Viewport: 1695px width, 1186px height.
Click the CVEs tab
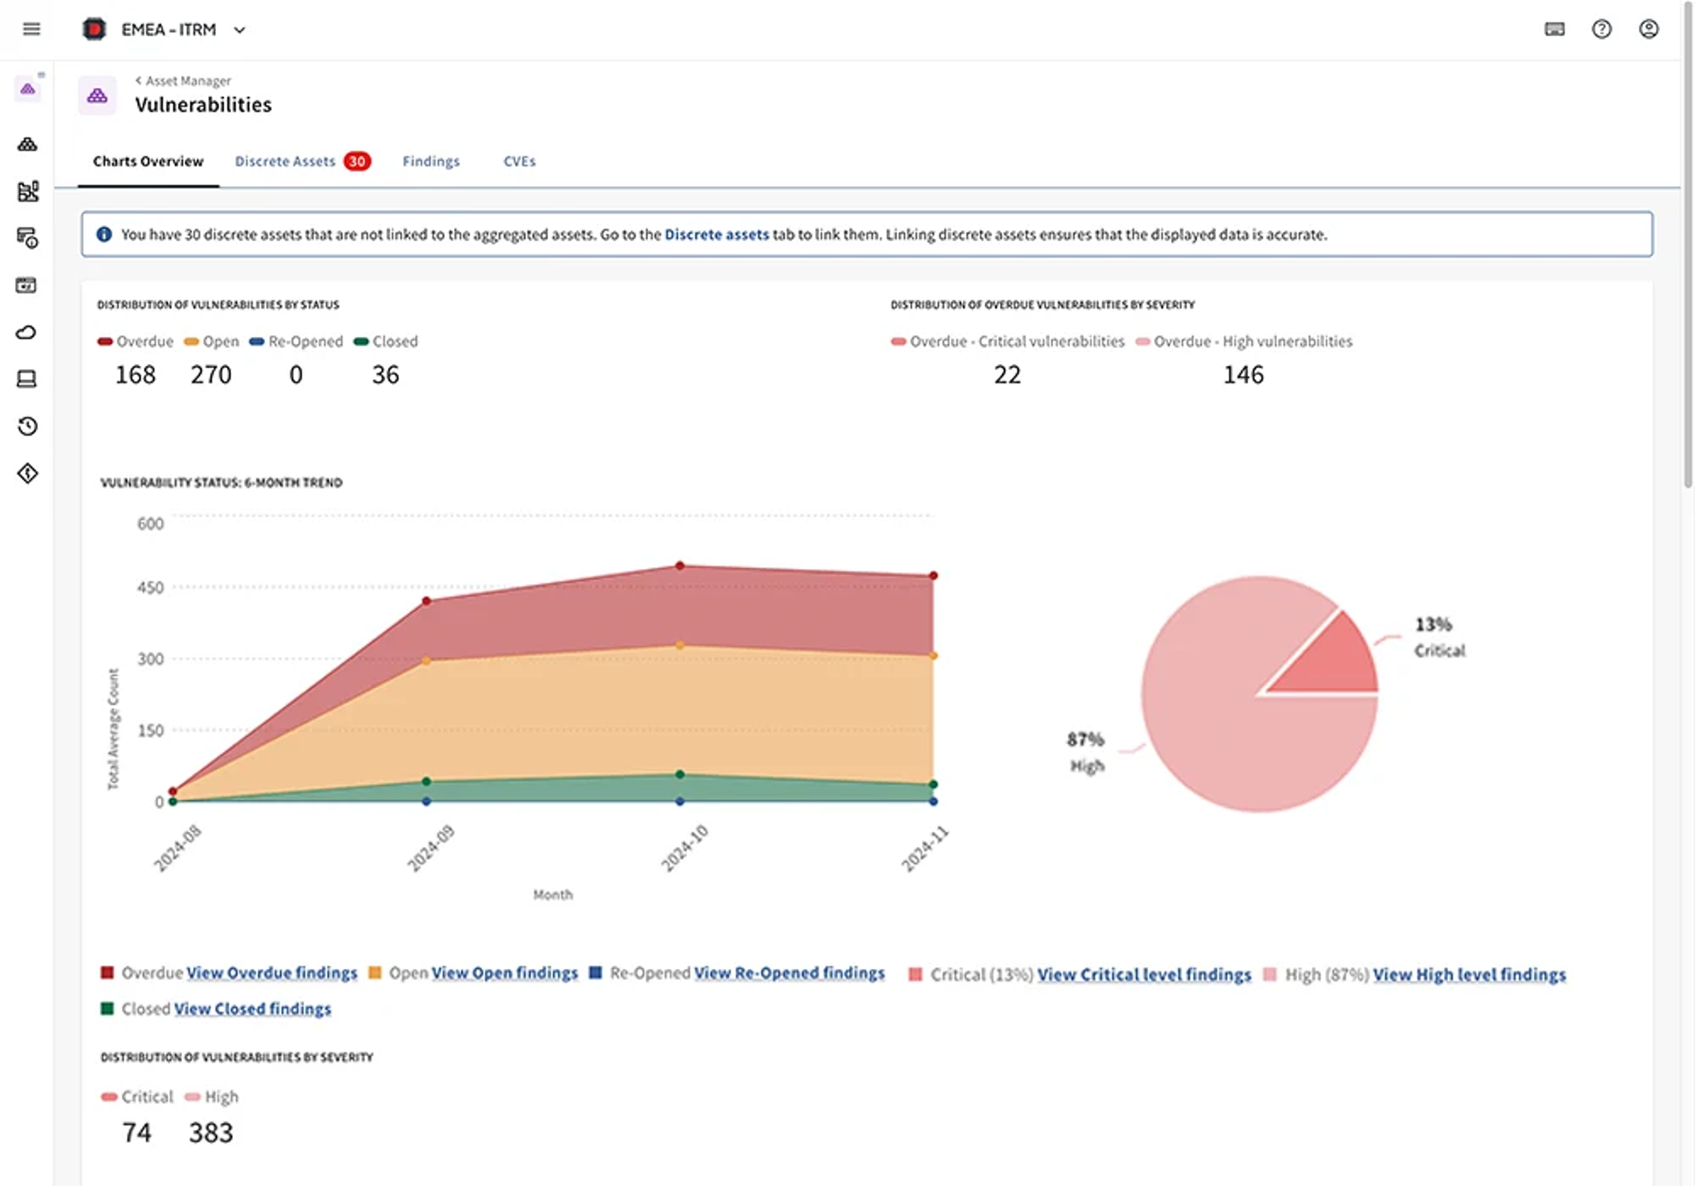point(519,161)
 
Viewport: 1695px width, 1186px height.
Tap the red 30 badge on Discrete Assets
point(357,161)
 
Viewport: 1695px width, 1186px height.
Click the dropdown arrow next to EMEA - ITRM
point(239,30)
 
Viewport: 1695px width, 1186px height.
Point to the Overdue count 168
point(135,375)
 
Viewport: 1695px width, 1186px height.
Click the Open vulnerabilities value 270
point(211,375)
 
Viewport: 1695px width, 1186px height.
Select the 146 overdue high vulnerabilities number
point(1243,375)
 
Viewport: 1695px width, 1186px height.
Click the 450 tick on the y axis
point(150,587)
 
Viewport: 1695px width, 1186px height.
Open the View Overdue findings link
point(271,973)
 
